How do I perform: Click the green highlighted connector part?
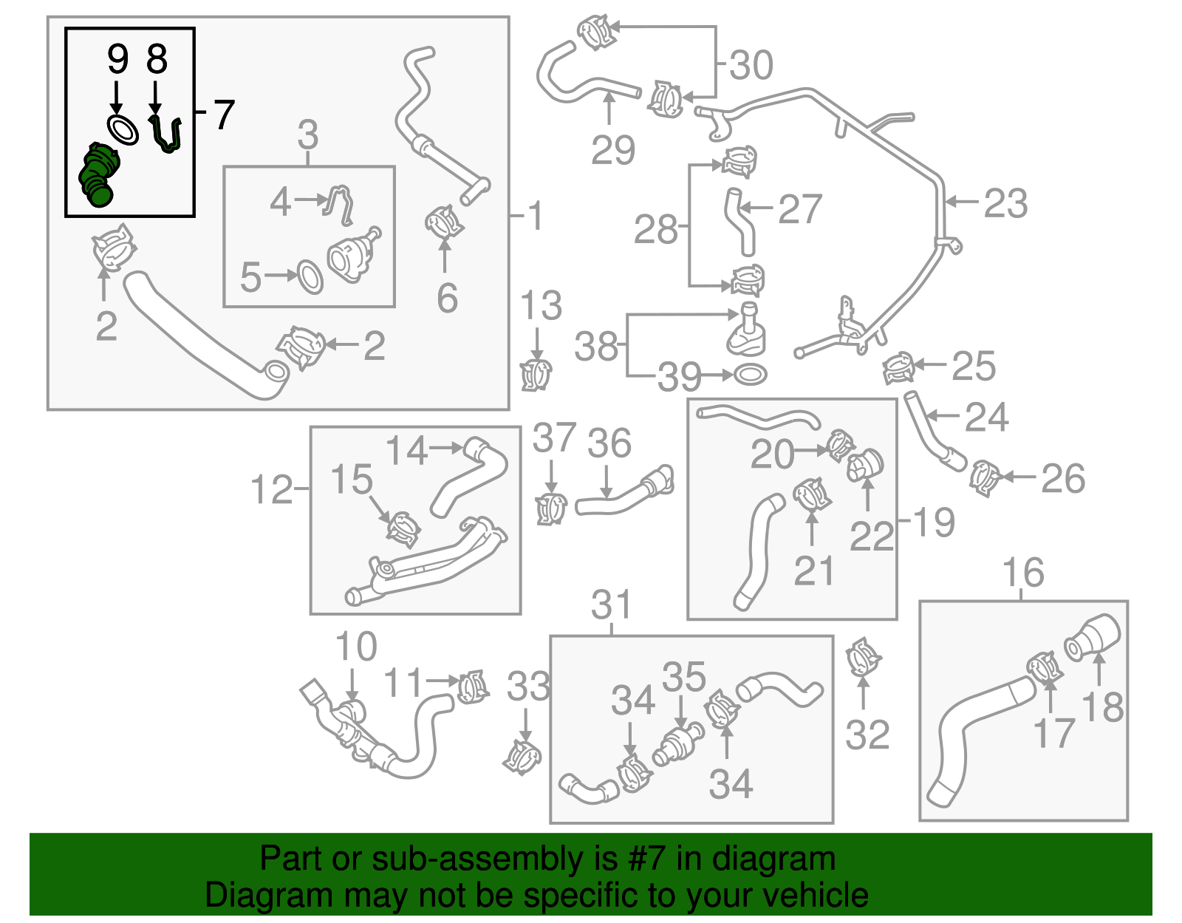97,176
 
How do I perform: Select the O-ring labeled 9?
123,129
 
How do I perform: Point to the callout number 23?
1005,203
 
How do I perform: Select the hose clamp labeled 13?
536,375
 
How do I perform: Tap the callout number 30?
751,65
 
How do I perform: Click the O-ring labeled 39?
750,375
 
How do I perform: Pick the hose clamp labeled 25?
898,367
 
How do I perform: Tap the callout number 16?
1023,573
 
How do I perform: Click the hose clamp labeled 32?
863,657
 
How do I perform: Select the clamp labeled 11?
472,687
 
